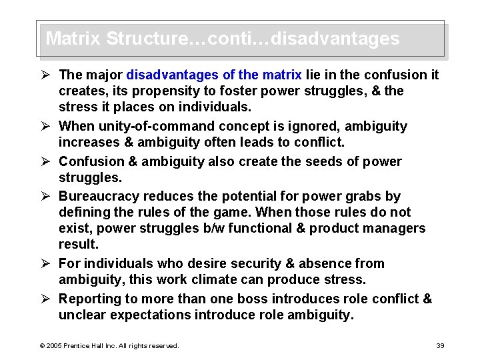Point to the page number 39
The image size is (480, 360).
439,345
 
